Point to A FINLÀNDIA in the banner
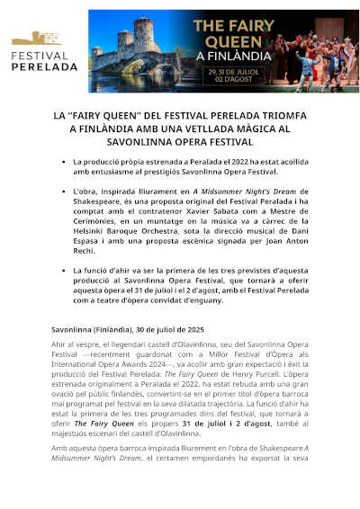coord(291,54)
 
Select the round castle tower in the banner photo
coord(144,36)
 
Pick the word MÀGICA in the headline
coord(242,129)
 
